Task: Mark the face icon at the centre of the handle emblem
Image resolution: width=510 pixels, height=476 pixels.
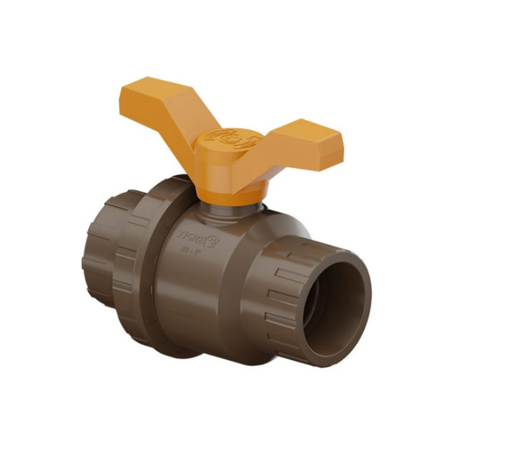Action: pyautogui.click(x=221, y=136)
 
